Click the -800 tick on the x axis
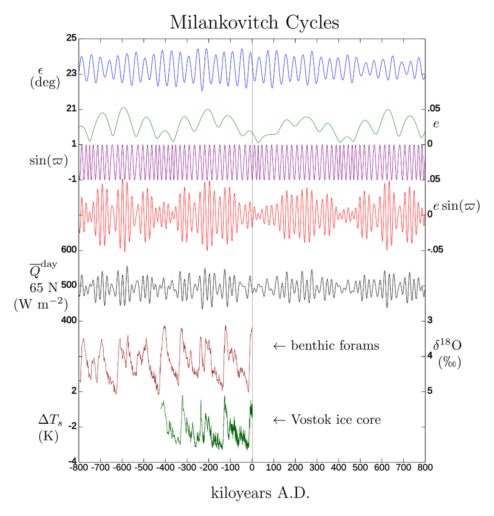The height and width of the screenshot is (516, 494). pyautogui.click(x=79, y=467)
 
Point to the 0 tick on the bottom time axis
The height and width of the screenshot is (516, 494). pyautogui.click(x=252, y=467)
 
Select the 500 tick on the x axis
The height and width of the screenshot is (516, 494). pyautogui.click(x=360, y=467)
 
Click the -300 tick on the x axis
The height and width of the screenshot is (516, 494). pyautogui.click(x=187, y=467)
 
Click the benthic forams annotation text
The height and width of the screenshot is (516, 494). pyautogui.click(x=335, y=345)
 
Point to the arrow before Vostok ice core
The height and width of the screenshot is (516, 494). pyautogui.click(x=279, y=420)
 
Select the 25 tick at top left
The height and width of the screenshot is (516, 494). pyautogui.click(x=72, y=38)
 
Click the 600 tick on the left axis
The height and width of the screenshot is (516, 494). pyautogui.click(x=69, y=250)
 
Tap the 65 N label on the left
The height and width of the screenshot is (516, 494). pyautogui.click(x=43, y=288)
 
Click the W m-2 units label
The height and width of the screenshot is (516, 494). pyautogui.click(x=41, y=303)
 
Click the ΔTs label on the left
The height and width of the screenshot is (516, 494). pyautogui.click(x=50, y=420)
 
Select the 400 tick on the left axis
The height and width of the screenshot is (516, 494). pyautogui.click(x=69, y=321)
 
